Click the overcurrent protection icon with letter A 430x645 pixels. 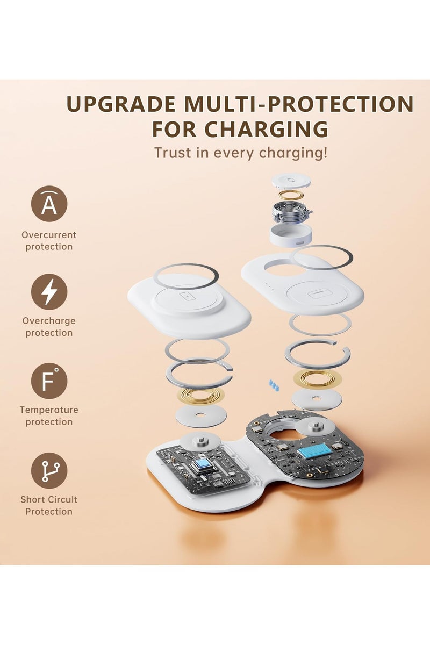pos(49,204)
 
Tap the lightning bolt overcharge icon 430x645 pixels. pos(49,292)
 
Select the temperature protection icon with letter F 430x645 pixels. pos(49,381)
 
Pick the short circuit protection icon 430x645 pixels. pos(49,471)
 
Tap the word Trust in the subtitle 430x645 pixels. pos(172,153)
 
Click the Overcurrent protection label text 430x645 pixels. pos(49,241)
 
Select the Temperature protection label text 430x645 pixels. pos(49,415)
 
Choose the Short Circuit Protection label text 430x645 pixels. pos(49,505)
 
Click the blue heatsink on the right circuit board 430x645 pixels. pos(317,451)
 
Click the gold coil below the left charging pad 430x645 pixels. pos(201,396)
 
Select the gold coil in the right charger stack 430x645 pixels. pos(317,379)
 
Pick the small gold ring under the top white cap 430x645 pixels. pos(291,195)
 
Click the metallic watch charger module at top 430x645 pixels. pos(292,212)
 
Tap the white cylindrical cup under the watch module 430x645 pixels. pos(291,234)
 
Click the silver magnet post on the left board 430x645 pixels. pos(200,440)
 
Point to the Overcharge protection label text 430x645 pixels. pos(49,327)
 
